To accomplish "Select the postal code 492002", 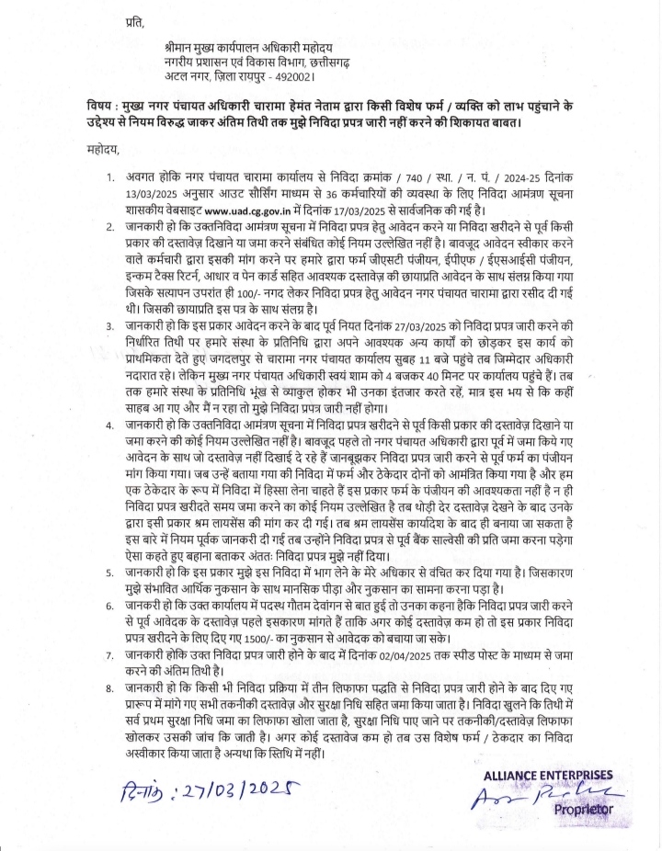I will (x=298, y=76).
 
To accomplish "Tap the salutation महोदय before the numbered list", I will (x=93, y=150).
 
